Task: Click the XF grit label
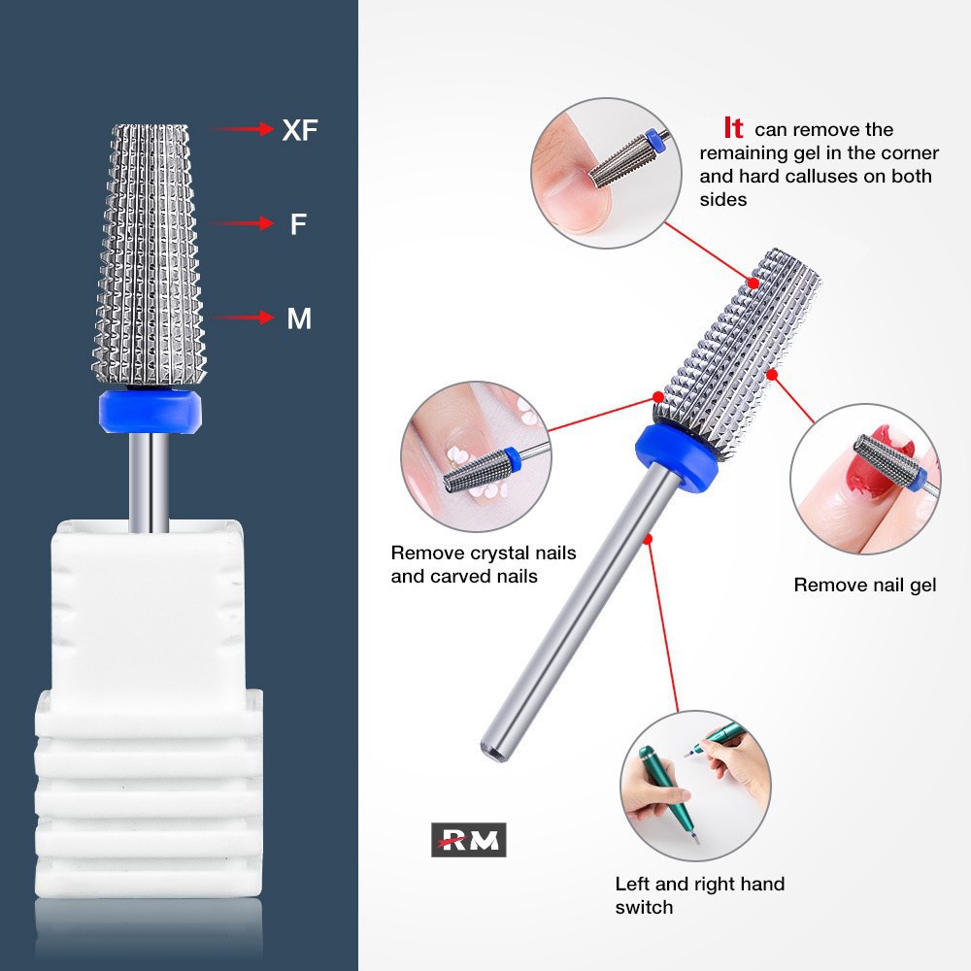coord(300,130)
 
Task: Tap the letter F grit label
coord(298,223)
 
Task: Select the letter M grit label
coord(299,318)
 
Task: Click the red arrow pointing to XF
coord(242,129)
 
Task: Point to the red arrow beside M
coord(242,318)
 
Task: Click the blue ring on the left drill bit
coord(150,411)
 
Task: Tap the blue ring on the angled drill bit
coord(676,458)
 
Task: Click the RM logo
coord(469,840)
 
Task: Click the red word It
coord(733,128)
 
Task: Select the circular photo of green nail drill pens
coord(695,786)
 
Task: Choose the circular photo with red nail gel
coord(865,479)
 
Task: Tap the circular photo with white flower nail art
coord(476,456)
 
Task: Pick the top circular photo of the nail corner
coord(606,173)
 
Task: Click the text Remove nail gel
coord(864,586)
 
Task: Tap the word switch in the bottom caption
coord(644,907)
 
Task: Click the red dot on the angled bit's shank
coord(648,539)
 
